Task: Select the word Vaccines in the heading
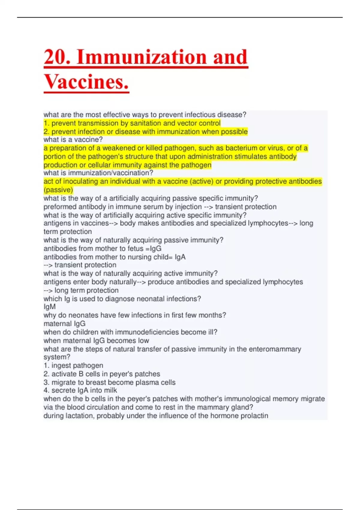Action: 86,82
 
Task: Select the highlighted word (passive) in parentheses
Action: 58,190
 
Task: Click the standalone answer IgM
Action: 49,307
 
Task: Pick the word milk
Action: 110,390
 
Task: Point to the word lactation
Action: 81,416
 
